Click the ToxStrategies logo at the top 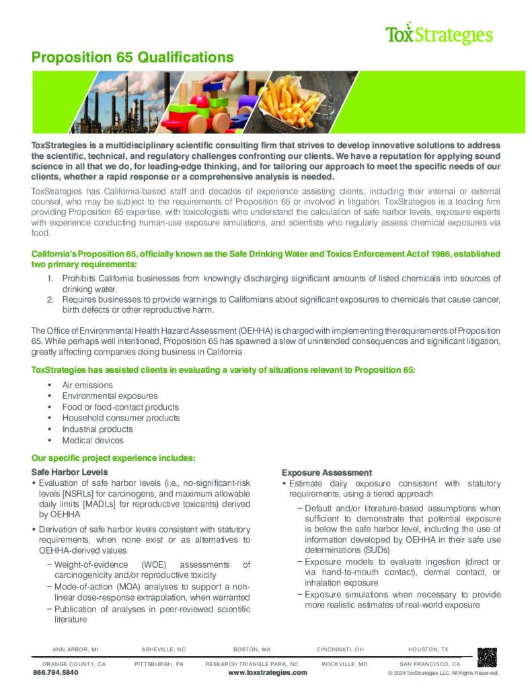click(439, 34)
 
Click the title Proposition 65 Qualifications click(132, 57)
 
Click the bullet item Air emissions click(87, 385)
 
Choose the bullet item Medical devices click(93, 440)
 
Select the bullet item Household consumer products click(121, 418)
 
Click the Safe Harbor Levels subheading click(69, 472)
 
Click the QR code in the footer click(486, 657)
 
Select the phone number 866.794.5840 click(56, 672)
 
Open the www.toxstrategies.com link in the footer click(267, 672)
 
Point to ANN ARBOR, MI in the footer click(75, 649)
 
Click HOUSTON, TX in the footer click(428, 649)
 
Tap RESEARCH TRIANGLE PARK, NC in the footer click(252, 663)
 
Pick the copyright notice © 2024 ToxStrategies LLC click(443, 672)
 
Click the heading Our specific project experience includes click(114, 458)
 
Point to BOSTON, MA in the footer click(252, 649)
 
